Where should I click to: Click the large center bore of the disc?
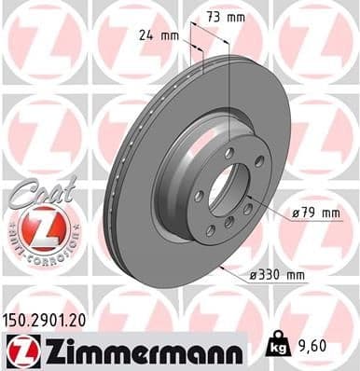[224, 186]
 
